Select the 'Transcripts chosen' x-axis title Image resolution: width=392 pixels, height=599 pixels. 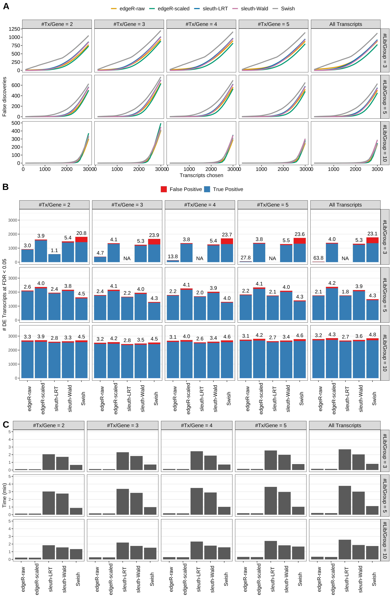point(201,175)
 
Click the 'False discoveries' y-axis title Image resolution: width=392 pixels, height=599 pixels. point(4,97)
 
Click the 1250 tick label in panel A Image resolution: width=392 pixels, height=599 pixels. point(14,29)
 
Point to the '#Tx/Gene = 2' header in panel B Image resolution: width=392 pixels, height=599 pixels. point(54,205)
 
